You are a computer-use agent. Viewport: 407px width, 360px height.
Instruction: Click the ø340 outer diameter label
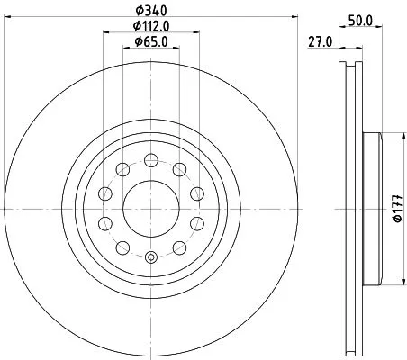151,11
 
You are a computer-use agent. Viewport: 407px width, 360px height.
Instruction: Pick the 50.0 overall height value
360,19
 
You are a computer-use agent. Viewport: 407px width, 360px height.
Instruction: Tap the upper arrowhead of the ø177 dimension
397,136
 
